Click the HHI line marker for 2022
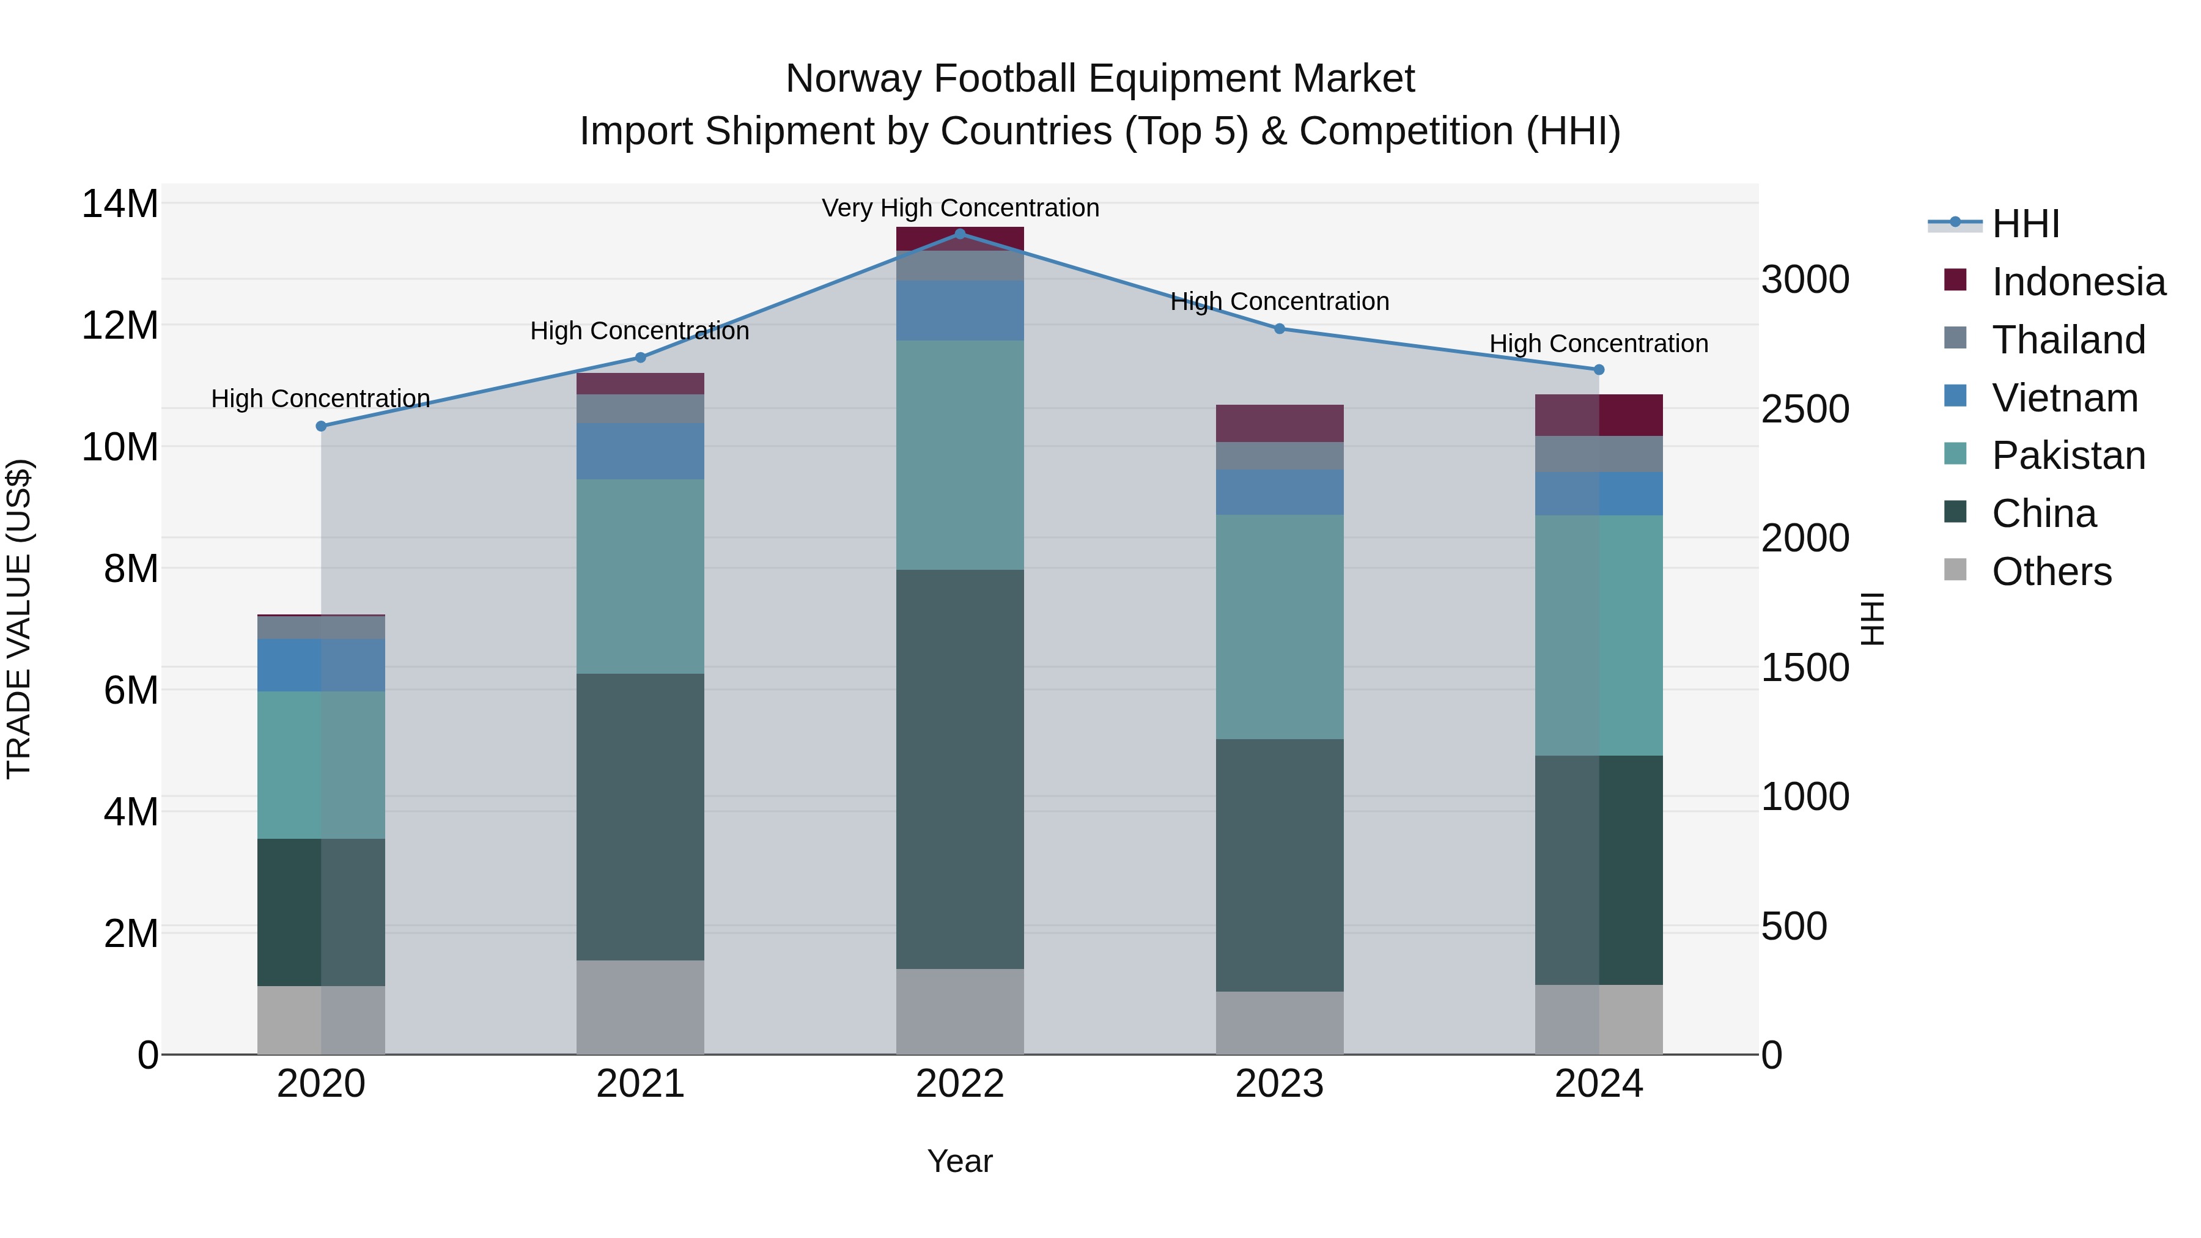click(x=959, y=234)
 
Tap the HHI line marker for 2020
click(x=321, y=426)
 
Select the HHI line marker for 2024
click(x=1599, y=370)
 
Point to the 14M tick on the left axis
click(x=120, y=204)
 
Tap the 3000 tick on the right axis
click(x=1805, y=279)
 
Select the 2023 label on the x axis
click(x=1279, y=1084)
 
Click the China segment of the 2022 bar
click(x=959, y=769)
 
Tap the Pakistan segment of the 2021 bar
click(x=640, y=577)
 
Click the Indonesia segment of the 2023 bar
click(x=1279, y=423)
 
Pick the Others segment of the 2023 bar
click(x=1279, y=1023)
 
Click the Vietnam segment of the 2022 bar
click(x=959, y=310)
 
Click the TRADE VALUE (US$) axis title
click(x=19, y=619)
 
